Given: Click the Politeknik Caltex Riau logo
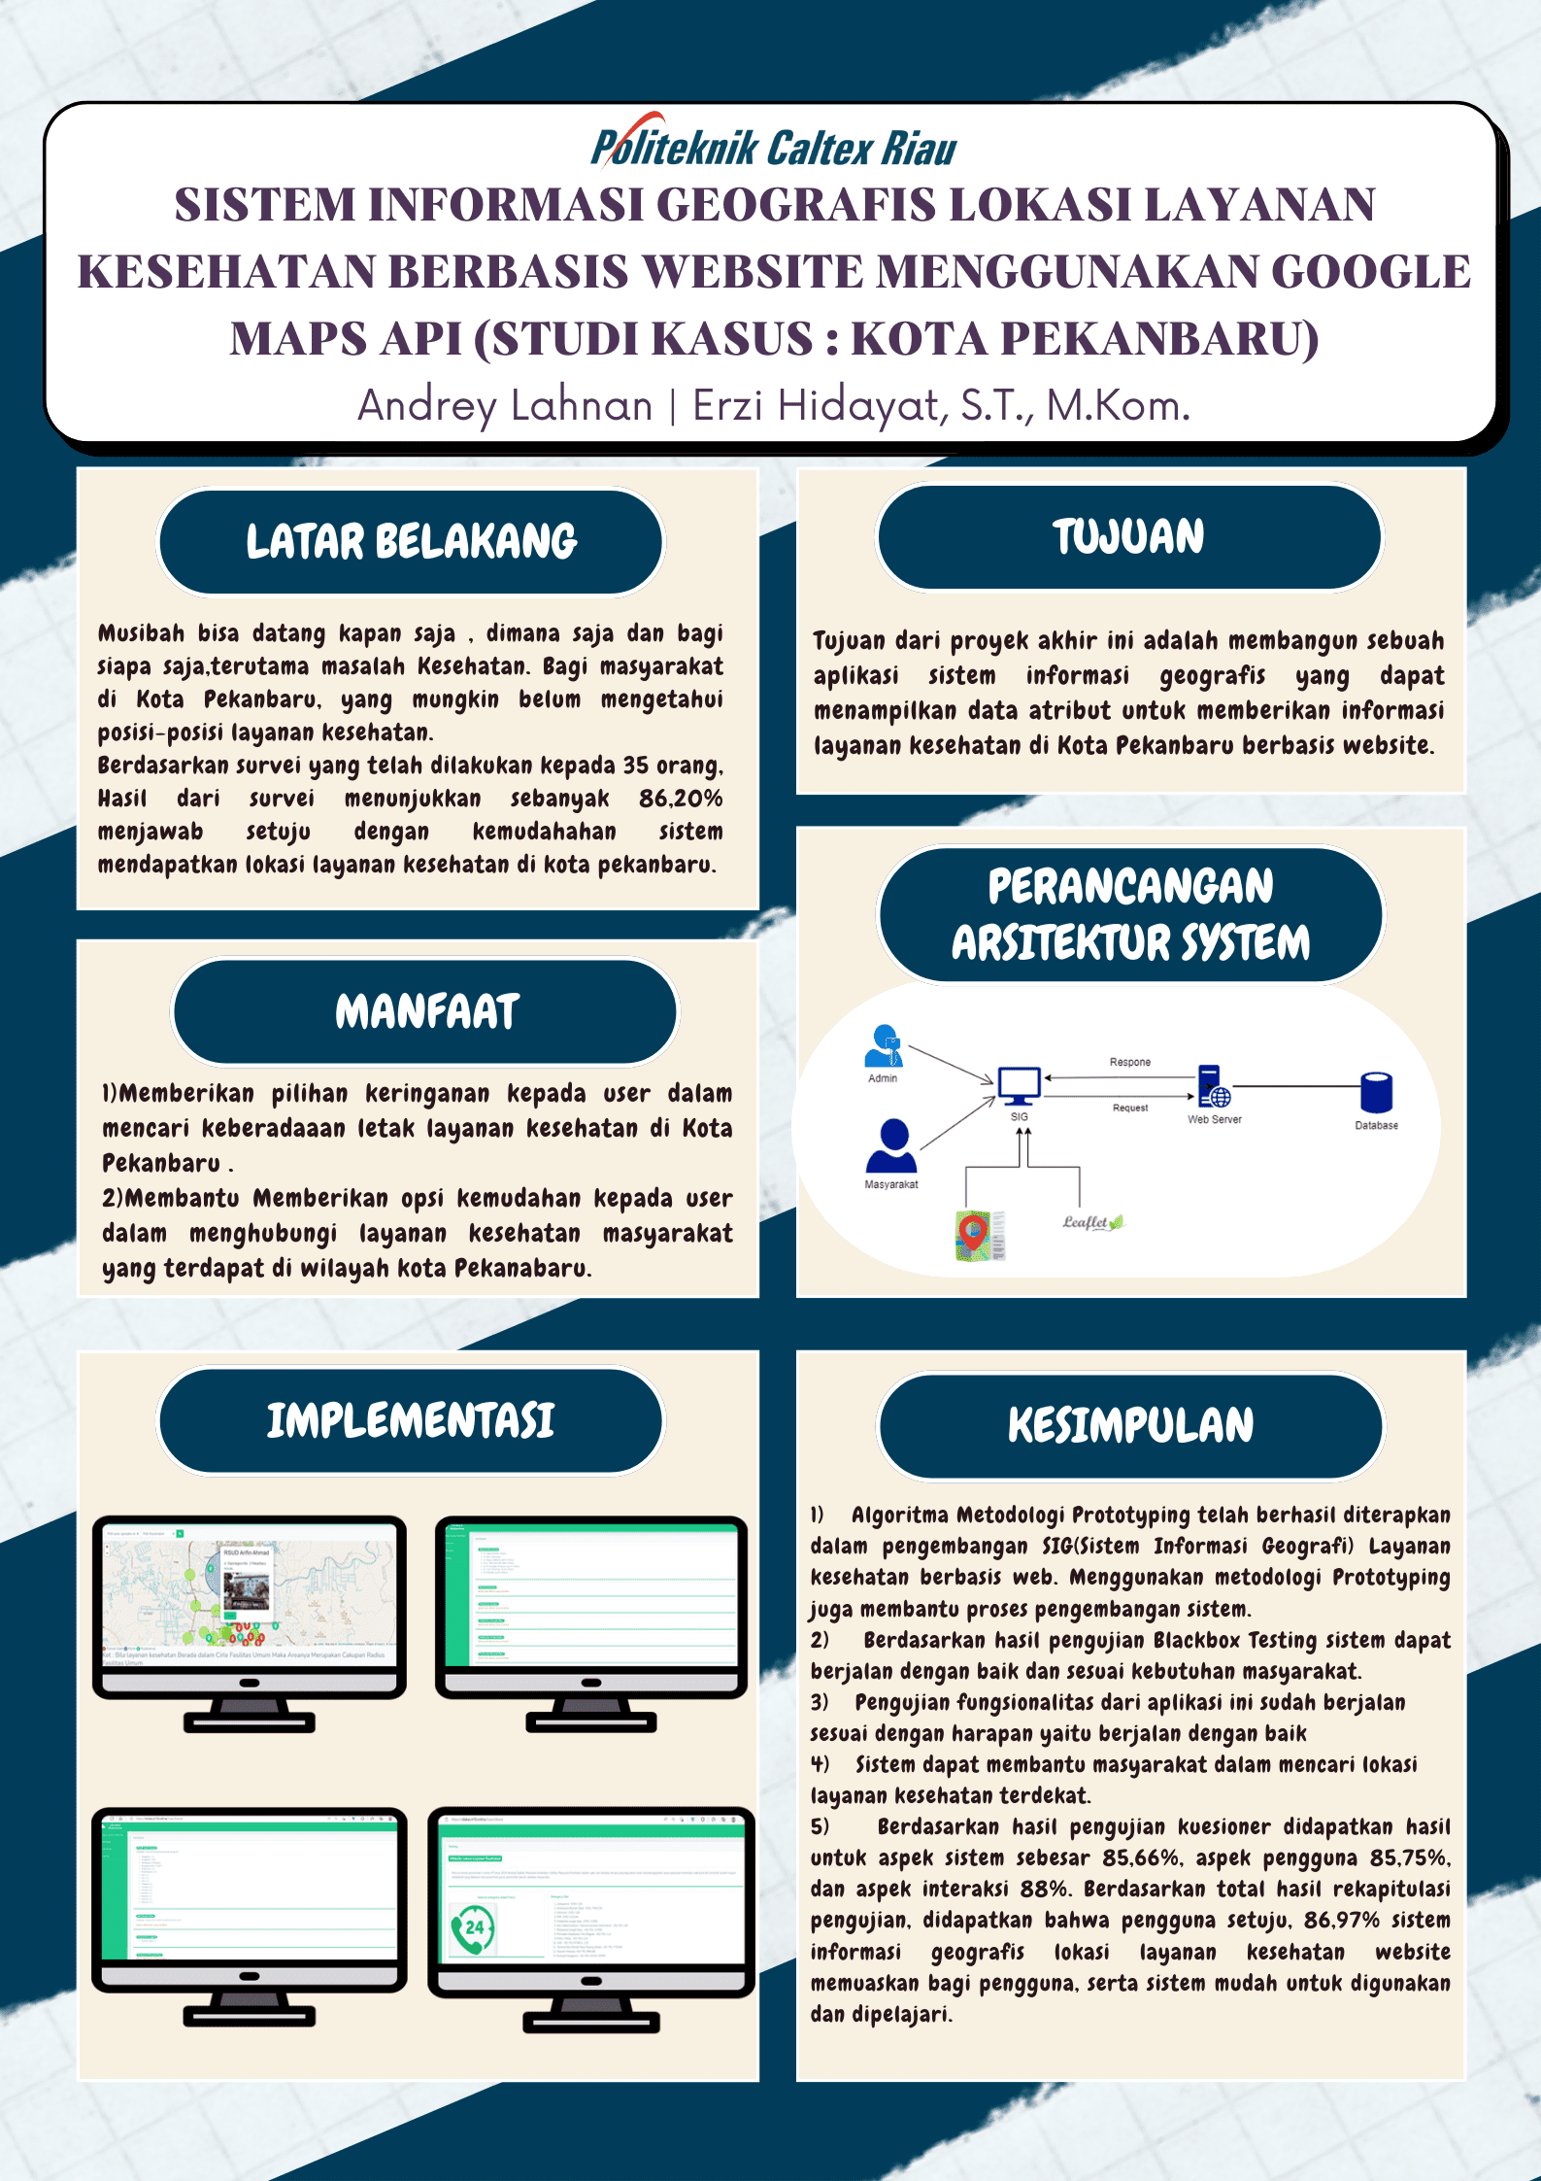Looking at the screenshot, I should (x=773, y=146).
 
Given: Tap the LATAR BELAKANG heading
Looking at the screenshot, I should (x=411, y=542).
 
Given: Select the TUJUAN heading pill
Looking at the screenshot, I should (x=1128, y=537).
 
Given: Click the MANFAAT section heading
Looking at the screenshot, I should (x=425, y=1011).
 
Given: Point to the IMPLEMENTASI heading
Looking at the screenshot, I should (x=411, y=1420).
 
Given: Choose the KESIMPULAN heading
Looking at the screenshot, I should (x=1130, y=1425).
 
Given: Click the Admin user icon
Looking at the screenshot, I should (x=884, y=1046).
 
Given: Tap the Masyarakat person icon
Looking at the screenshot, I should (x=891, y=1146).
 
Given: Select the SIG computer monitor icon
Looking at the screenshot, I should (x=1019, y=1086).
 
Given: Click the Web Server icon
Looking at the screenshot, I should (x=1213, y=1087).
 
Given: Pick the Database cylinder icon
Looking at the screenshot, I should (x=1376, y=1093).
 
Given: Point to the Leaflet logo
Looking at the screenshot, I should (x=1091, y=1222).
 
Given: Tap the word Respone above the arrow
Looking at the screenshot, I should (x=1130, y=1062).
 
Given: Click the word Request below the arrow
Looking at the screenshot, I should (x=1130, y=1108).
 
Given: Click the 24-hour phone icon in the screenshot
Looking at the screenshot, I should (x=473, y=1928).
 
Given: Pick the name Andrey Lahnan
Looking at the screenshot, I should (x=505, y=405).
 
